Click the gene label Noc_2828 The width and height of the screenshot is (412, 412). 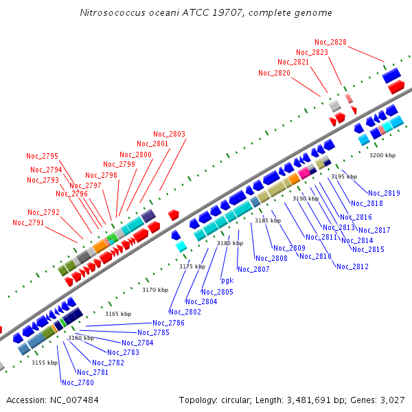330,43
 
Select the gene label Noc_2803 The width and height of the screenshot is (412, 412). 169,134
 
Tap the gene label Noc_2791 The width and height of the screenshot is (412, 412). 28,222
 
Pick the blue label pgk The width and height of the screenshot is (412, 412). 227,280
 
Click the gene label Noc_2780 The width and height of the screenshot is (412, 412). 78,382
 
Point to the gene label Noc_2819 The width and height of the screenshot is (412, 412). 384,193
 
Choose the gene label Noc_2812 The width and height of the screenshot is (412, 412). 352,266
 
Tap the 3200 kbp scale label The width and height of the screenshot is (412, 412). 382,156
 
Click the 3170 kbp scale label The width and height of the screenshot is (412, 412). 155,290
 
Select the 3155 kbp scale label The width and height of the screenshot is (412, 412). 45,363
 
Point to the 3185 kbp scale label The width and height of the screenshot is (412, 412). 268,220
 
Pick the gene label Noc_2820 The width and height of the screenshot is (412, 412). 274,73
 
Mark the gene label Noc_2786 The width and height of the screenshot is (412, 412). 168,323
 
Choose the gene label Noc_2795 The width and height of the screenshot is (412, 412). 43,156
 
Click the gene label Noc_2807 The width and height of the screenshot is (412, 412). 253,269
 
